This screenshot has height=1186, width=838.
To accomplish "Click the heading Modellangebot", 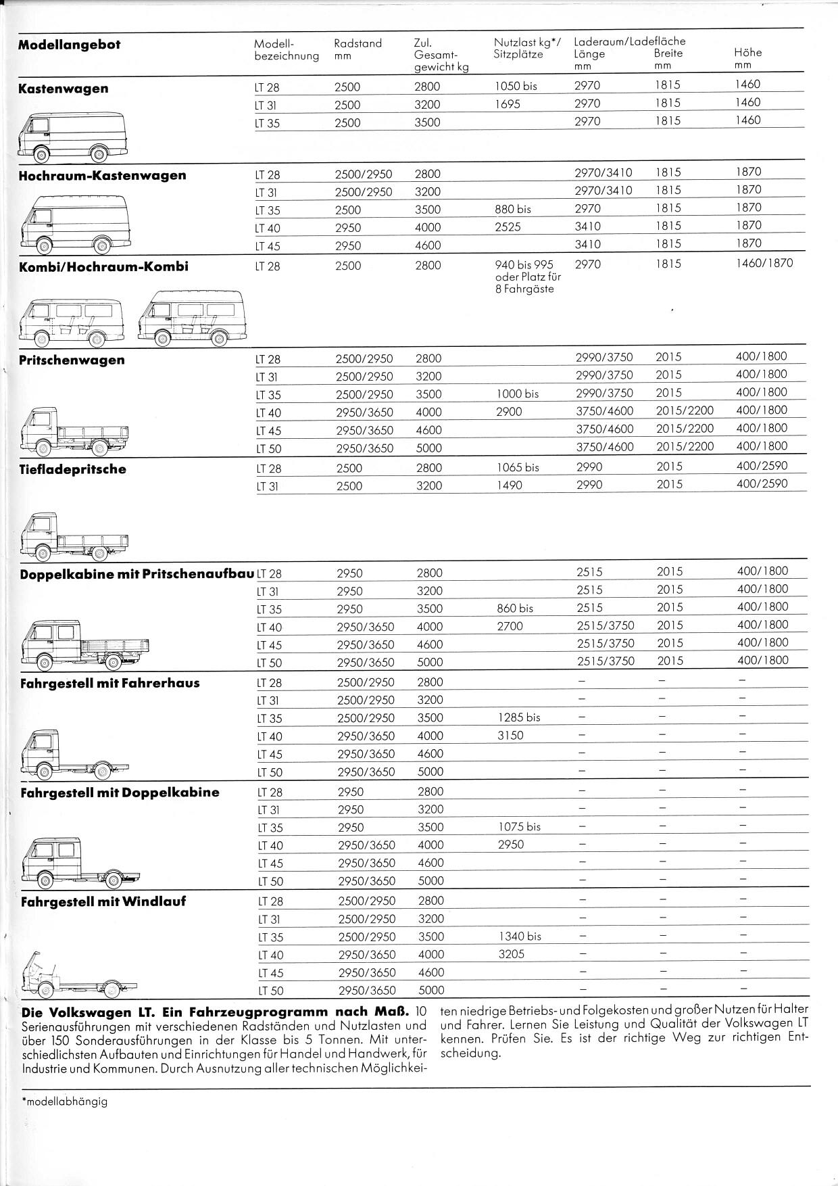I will (x=69, y=45).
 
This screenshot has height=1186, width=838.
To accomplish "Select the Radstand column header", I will (x=358, y=43).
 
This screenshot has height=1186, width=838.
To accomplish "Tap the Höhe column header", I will (x=747, y=52).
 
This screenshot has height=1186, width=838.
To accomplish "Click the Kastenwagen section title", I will (x=63, y=89).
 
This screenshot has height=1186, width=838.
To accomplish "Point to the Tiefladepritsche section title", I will (x=72, y=469).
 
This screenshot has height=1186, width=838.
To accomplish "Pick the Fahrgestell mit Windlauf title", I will (x=103, y=901).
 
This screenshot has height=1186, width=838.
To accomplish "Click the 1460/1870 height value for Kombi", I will (x=764, y=263).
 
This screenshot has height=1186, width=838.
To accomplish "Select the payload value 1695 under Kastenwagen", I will (x=507, y=105).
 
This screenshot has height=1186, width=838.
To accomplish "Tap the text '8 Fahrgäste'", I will (x=524, y=289).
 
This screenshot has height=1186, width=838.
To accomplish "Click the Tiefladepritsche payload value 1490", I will (x=509, y=485).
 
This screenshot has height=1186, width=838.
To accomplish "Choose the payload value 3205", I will (x=510, y=954).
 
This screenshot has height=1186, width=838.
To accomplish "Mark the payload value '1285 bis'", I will (x=518, y=717).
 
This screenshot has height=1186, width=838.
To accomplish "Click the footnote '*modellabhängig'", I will (x=65, y=1101).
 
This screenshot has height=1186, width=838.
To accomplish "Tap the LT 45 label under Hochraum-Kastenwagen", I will (x=268, y=246).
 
